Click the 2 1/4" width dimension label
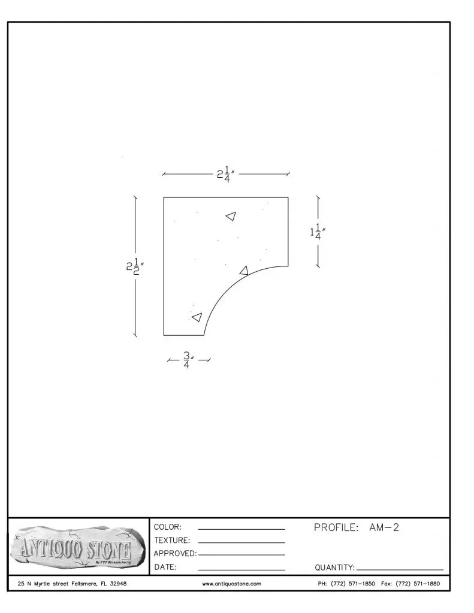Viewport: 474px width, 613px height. pyautogui.click(x=226, y=174)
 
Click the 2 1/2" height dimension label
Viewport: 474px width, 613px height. pyautogui.click(x=135, y=266)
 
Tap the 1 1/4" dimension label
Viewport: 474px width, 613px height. pyautogui.click(x=318, y=232)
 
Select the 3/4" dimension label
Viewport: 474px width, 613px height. pyautogui.click(x=189, y=360)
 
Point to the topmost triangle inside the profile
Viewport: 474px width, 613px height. pyautogui.click(x=231, y=216)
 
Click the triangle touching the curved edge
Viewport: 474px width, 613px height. pyautogui.click(x=244, y=270)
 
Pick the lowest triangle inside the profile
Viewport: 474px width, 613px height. pyautogui.click(x=197, y=317)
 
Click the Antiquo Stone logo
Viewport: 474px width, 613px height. pyautogui.click(x=76, y=547)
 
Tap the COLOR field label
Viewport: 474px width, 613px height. pyautogui.click(x=168, y=527)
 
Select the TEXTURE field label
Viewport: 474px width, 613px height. pyautogui.click(x=172, y=541)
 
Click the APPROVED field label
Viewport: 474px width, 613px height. pyautogui.click(x=175, y=554)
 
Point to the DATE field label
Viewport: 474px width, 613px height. pyautogui.click(x=165, y=567)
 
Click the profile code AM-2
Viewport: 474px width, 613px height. pyautogui.click(x=384, y=527)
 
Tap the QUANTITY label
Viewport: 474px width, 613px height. pyautogui.click(x=334, y=568)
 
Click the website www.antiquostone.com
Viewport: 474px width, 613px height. pyautogui.click(x=232, y=584)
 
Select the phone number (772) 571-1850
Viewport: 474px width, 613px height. pyautogui.click(x=353, y=584)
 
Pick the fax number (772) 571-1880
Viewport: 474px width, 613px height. pyautogui.click(x=418, y=584)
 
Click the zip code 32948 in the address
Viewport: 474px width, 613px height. pyautogui.click(x=118, y=584)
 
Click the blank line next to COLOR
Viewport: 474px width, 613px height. pyautogui.click(x=241, y=529)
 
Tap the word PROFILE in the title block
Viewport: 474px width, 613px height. pyautogui.click(x=336, y=527)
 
